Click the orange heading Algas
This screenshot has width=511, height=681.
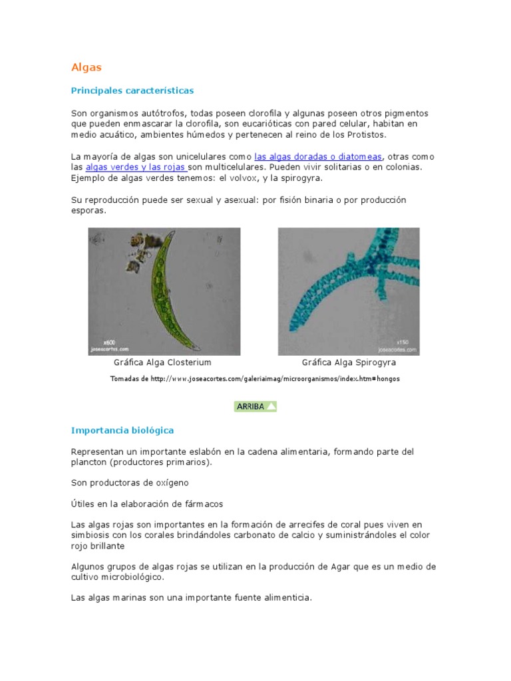(86, 67)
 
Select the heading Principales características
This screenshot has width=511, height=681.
(132, 90)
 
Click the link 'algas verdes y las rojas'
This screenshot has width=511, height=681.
(136, 168)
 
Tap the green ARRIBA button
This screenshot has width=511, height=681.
(255, 406)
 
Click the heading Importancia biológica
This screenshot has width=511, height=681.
(122, 430)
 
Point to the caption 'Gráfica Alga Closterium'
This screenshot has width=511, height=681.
(163, 362)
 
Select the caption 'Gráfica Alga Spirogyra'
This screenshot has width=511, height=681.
(349, 362)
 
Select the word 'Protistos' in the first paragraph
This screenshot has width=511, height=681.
(365, 134)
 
